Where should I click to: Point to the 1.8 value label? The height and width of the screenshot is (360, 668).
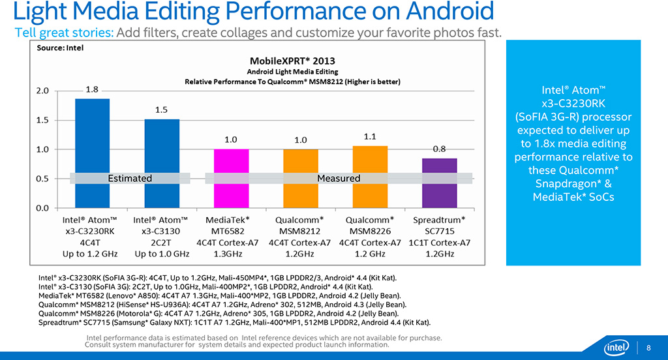(92, 90)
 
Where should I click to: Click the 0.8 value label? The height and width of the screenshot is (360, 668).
(439, 149)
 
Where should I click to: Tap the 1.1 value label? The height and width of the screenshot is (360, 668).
(370, 136)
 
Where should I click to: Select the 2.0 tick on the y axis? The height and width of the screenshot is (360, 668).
(42, 91)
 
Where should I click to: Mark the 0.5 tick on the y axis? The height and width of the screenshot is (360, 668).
(42, 179)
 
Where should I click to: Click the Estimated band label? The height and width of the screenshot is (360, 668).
(130, 178)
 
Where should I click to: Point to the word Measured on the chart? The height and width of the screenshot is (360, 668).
(339, 178)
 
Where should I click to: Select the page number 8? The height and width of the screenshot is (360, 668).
(648, 346)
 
